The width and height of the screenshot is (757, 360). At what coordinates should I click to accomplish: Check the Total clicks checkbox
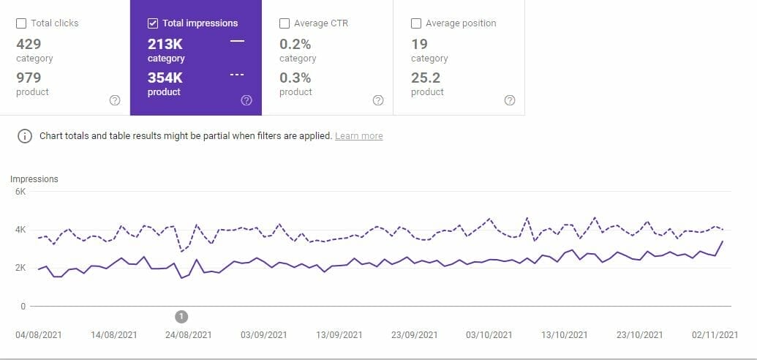tap(21, 23)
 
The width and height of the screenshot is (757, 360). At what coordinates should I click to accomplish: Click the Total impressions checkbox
tap(153, 23)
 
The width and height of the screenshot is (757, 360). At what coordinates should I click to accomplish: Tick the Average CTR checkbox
tap(285, 23)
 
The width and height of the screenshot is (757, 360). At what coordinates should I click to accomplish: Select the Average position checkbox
tap(416, 23)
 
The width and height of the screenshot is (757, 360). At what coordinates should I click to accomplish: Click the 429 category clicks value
tap(29, 44)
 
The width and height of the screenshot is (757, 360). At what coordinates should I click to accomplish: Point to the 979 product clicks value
tap(29, 78)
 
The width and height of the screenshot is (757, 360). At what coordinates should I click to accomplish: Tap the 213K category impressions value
tap(165, 44)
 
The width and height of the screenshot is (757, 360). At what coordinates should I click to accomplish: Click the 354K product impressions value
tap(165, 78)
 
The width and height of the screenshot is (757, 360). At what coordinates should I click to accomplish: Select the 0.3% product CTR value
tap(295, 78)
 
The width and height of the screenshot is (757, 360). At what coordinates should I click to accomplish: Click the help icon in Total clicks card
tap(114, 101)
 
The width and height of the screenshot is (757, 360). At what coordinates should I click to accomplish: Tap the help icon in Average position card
tap(510, 101)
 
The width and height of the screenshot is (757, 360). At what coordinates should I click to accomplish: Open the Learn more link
tap(358, 136)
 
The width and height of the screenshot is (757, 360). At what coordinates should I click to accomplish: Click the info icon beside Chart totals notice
tap(24, 136)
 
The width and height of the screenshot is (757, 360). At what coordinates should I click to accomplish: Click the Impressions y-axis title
tap(34, 179)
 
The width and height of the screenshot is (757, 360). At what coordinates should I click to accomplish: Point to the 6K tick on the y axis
tap(20, 192)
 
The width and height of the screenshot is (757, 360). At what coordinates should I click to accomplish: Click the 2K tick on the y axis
tap(20, 268)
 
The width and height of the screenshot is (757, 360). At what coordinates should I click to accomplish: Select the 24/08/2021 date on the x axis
tap(189, 335)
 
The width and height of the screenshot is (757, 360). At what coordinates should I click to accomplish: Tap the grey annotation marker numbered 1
tap(182, 316)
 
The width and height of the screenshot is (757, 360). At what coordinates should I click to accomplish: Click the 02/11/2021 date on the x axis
tap(715, 335)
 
